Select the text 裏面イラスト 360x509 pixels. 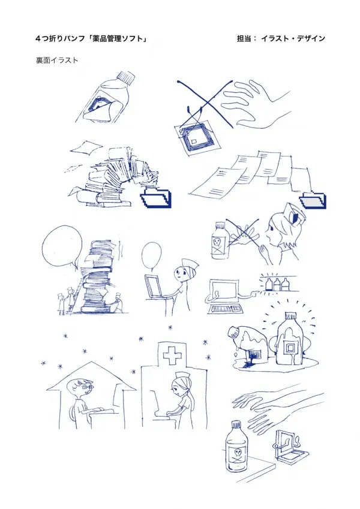57,60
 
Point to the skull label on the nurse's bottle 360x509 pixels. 217,243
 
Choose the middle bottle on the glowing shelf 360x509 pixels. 277,285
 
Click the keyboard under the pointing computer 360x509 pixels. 225,309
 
